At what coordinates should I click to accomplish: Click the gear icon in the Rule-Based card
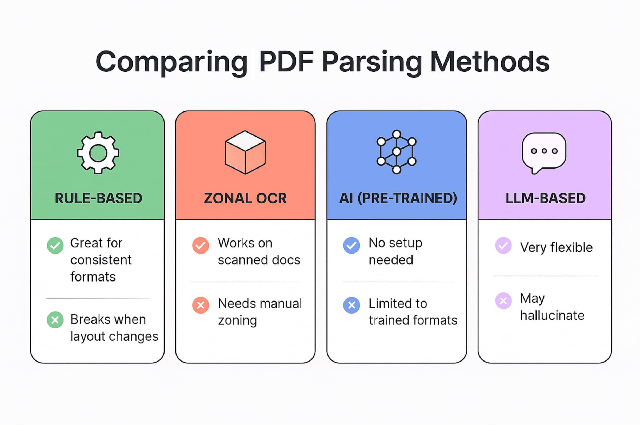(98, 153)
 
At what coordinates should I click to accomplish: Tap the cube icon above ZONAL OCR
(245, 152)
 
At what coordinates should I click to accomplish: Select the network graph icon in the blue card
(396, 152)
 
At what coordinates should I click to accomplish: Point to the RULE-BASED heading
(98, 198)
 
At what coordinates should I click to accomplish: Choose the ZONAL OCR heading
(245, 198)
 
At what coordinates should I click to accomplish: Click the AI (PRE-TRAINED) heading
(398, 198)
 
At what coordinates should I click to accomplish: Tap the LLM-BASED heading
(545, 198)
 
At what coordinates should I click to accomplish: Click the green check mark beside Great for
(55, 246)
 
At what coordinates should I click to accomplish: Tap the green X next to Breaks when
(55, 320)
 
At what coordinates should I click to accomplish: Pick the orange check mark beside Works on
(200, 246)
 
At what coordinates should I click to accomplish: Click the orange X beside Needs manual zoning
(200, 305)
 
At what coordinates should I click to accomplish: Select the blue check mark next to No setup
(351, 246)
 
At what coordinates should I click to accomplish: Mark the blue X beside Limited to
(351, 305)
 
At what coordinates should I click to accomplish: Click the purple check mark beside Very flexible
(503, 246)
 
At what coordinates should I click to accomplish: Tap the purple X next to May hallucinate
(503, 300)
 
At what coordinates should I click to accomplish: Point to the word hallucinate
(552, 315)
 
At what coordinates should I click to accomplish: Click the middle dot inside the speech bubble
(544, 151)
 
